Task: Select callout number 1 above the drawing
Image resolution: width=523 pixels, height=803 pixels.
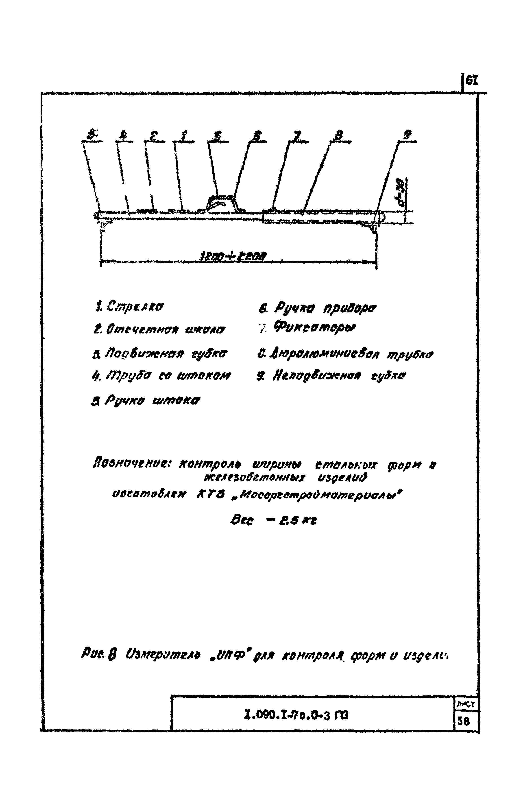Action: (184, 136)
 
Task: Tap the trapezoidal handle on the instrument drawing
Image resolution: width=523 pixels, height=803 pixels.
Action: (221, 203)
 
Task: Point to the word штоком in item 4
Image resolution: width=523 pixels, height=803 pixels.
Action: (204, 375)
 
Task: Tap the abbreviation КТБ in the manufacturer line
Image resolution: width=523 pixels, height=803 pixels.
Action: (210, 495)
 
